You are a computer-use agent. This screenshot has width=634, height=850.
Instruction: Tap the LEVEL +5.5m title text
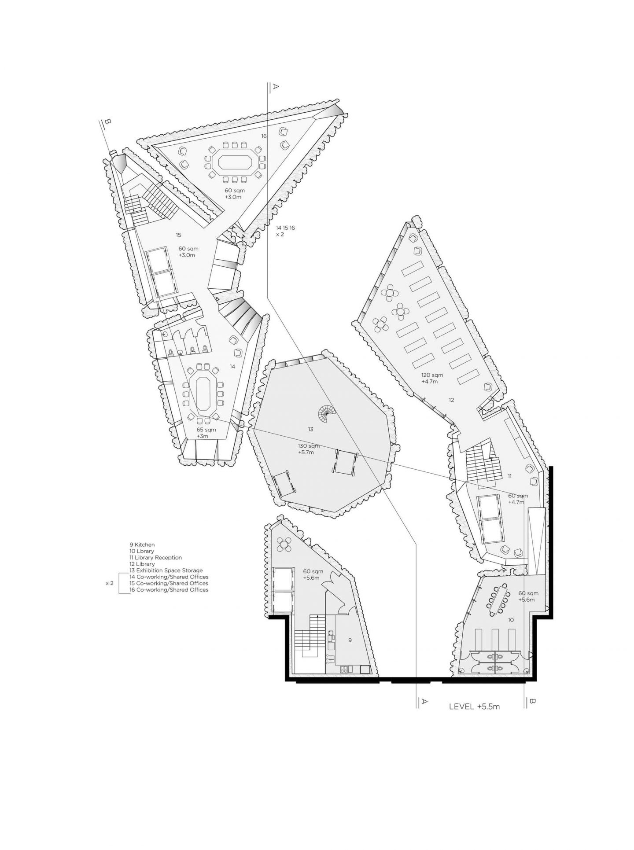[x=474, y=707]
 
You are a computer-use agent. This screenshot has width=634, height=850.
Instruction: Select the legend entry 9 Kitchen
[x=142, y=545]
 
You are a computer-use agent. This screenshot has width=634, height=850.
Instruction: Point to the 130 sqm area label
[x=306, y=446]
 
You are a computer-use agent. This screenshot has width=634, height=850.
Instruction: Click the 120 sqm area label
[x=431, y=375]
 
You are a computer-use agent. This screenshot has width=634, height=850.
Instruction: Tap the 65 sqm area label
[x=206, y=430]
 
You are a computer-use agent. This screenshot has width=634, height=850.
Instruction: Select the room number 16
[x=264, y=136]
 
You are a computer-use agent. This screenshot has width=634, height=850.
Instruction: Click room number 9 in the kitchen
[x=350, y=640]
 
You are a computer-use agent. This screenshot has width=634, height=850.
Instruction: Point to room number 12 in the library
[x=451, y=400]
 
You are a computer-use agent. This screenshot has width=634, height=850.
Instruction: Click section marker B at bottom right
[x=532, y=701]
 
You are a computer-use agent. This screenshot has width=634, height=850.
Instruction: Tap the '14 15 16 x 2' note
[x=285, y=231]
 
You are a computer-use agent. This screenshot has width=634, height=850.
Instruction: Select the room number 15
[x=178, y=235]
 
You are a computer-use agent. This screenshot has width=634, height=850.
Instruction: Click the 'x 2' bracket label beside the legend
[x=110, y=583]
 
